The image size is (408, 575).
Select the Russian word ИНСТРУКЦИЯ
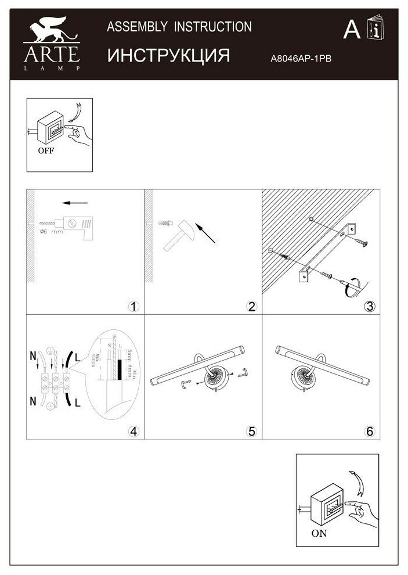tap(169, 55)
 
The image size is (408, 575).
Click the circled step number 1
tap(133, 307)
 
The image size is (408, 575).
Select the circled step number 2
tap(251, 307)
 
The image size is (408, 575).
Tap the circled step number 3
tap(369, 307)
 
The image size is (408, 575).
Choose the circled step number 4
tap(133, 431)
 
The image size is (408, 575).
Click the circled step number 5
tap(251, 431)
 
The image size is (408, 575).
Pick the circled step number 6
tap(369, 431)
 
